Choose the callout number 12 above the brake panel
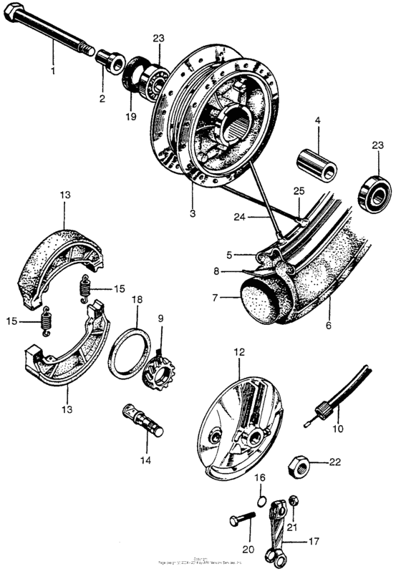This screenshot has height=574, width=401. tap(239, 351)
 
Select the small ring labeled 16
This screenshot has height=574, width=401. tap(261, 500)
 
